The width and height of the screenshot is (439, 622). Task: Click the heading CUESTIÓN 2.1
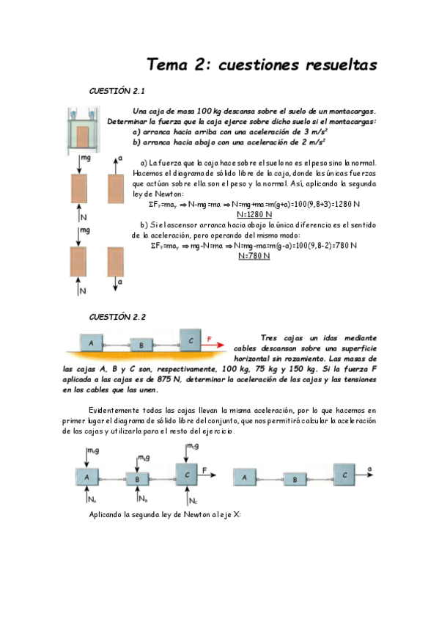coord(117,91)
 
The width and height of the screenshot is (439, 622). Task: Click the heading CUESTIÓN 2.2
coord(117,317)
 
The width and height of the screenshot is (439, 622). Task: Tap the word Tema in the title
coord(167,65)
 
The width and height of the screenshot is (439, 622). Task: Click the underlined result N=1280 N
coord(254,215)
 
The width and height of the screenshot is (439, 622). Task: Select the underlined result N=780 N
coord(254,256)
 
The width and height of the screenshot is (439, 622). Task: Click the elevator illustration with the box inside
coord(84,130)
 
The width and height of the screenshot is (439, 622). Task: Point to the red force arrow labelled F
coord(213,345)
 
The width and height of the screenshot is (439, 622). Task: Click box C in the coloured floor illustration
coord(190,340)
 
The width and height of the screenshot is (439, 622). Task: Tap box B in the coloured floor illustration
coord(141,345)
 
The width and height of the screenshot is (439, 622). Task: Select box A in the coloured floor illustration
coord(92,343)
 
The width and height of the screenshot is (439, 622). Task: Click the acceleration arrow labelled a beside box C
coord(364,475)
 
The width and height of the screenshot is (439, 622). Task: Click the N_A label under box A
coord(92,500)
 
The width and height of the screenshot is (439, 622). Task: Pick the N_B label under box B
coord(143,499)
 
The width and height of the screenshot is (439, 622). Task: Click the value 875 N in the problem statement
coord(169,380)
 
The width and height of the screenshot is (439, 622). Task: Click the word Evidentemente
coord(114,411)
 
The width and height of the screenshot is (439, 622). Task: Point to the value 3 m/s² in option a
coord(315,132)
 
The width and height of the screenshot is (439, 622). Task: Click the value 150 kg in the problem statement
coord(305,370)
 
